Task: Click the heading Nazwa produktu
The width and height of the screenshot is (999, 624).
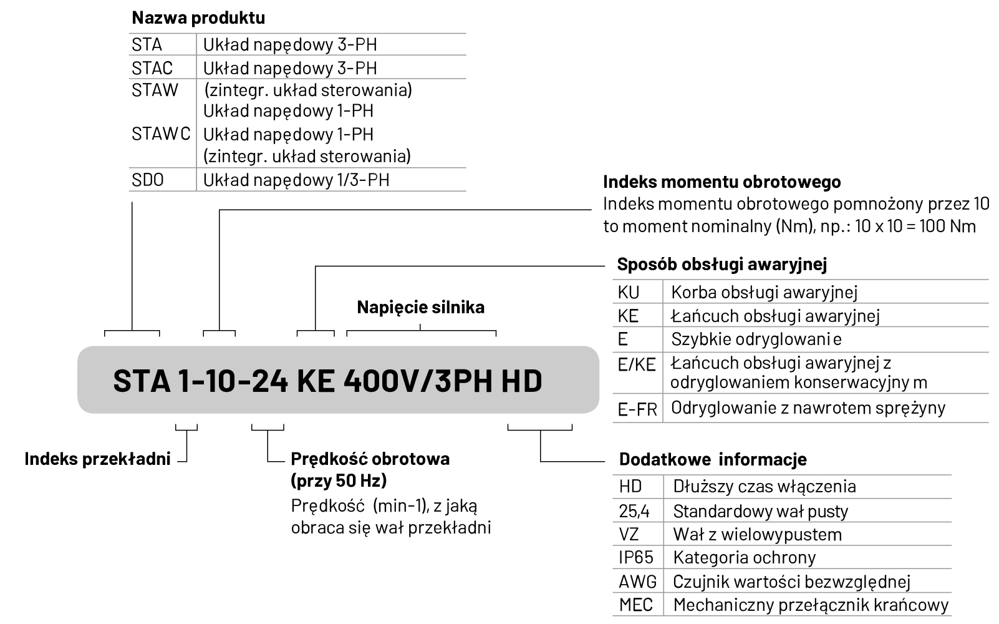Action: pyautogui.click(x=198, y=17)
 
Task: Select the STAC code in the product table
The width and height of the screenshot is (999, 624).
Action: pyautogui.click(x=152, y=67)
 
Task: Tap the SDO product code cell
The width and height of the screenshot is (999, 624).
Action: pyautogui.click(x=147, y=180)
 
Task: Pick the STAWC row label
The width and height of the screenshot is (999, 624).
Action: pyautogui.click(x=160, y=134)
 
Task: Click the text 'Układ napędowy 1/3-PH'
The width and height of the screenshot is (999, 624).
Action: pyautogui.click(x=296, y=180)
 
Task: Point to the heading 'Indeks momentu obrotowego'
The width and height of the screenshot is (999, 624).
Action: pyautogui.click(x=721, y=182)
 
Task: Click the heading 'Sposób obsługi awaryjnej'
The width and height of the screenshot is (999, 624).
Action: pyautogui.click(x=721, y=264)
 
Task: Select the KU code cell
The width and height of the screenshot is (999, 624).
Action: pyautogui.click(x=629, y=292)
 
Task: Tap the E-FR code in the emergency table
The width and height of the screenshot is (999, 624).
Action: pyautogui.click(x=637, y=409)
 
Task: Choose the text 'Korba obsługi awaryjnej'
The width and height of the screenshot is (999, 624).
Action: pyautogui.click(x=764, y=292)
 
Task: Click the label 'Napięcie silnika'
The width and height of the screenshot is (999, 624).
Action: pyautogui.click(x=420, y=307)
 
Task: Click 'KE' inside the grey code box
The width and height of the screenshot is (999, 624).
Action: pyautogui.click(x=315, y=381)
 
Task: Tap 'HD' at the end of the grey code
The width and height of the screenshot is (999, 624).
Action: pyautogui.click(x=522, y=381)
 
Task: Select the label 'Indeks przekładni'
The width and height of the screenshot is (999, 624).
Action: pyautogui.click(x=97, y=459)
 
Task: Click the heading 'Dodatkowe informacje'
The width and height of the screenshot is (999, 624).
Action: pyautogui.click(x=712, y=459)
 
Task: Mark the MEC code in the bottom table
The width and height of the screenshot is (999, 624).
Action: pyautogui.click(x=635, y=605)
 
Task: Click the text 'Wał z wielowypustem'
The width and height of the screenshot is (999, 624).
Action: pyautogui.click(x=757, y=534)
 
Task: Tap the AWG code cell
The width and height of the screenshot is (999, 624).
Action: pyautogui.click(x=637, y=582)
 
